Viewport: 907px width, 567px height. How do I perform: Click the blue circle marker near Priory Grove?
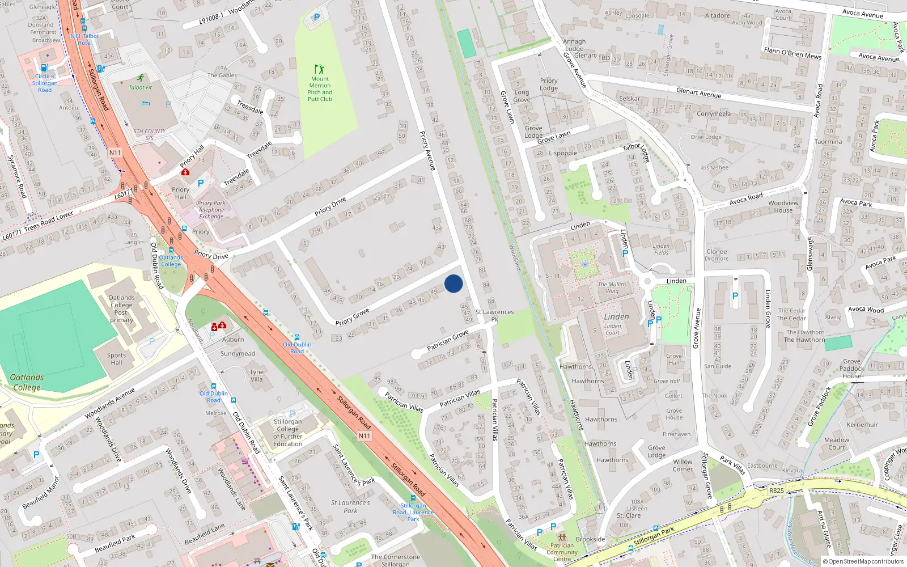pos(453,283)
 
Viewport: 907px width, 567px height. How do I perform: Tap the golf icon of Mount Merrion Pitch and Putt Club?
pos(319,69)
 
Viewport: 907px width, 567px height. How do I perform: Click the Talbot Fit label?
pos(140,87)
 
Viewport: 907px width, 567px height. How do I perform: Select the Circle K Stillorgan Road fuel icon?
pos(44,67)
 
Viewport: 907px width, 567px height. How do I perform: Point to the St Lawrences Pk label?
pos(494,315)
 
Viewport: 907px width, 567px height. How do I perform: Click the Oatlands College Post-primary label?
pos(121,308)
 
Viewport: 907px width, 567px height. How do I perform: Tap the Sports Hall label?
pos(116,359)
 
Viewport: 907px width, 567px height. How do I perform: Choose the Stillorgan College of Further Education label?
pos(287,433)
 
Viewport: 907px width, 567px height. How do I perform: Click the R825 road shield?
pos(776,490)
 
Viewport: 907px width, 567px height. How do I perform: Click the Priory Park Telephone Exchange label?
pos(211,210)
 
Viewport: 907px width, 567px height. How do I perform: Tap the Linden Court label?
pos(612,329)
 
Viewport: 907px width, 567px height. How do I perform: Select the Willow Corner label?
pos(683,466)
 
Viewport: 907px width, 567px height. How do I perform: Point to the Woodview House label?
pos(783,206)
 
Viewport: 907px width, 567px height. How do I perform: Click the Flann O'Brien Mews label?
pos(792,53)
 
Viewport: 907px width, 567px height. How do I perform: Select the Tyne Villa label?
pos(256,375)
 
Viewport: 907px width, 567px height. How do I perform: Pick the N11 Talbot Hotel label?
pos(84,39)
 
